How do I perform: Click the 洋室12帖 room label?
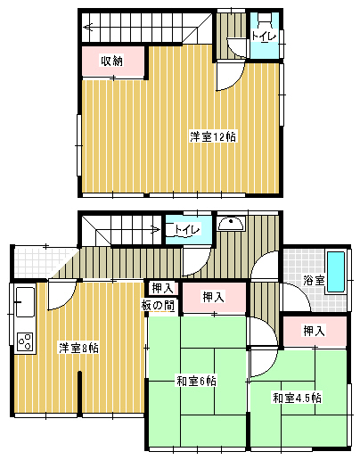tap(213, 136)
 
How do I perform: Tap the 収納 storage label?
tap(111, 61)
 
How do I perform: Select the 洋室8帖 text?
tap(78, 347)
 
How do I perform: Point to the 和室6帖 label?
tap(196, 382)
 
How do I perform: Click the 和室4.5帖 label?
tap(297, 397)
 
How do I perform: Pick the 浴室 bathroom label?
tap(313, 280)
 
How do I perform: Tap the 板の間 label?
tap(158, 305)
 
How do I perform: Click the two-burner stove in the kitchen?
tap(24, 341)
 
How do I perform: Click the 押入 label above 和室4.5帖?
tap(314, 331)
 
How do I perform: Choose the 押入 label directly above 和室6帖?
tap(213, 297)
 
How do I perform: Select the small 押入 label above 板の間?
tap(161, 288)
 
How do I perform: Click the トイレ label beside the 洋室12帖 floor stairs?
tap(263, 37)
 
